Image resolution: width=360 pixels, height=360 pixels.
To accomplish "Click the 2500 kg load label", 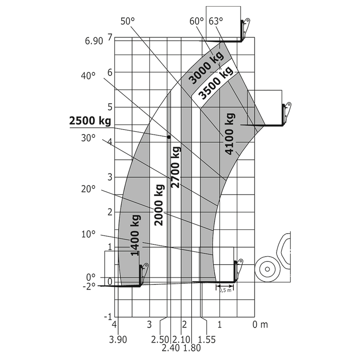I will (x=90, y=120).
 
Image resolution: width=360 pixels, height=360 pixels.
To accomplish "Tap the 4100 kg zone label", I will (x=230, y=133).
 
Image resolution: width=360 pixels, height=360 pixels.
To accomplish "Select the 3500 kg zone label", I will (x=215, y=84).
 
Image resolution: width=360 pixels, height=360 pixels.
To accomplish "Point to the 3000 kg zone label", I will (x=207, y=69).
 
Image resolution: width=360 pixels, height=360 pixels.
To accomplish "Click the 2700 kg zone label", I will (x=175, y=167).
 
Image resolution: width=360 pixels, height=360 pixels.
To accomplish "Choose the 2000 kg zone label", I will (x=159, y=204).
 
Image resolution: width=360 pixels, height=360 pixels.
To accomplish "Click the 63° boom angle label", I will (x=216, y=21).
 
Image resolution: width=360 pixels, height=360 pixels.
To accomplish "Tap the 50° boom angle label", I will (x=127, y=21).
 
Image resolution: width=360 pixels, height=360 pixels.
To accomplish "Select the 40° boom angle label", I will (x=88, y=76).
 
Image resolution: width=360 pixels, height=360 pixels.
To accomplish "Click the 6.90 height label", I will (x=94, y=41).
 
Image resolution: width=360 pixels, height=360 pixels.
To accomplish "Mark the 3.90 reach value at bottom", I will (x=118, y=339).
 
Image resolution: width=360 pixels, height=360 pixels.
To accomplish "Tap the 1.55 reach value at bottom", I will (x=207, y=339).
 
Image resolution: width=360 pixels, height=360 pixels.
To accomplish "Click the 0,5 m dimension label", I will (x=225, y=290).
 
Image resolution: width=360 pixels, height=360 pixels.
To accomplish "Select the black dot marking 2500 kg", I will (x=169, y=137).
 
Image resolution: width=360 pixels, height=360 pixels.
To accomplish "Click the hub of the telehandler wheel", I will (x=267, y=270).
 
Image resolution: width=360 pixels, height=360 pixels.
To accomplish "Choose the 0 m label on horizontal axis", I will (x=260, y=324).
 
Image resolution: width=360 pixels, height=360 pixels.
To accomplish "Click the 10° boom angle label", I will (x=88, y=233).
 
